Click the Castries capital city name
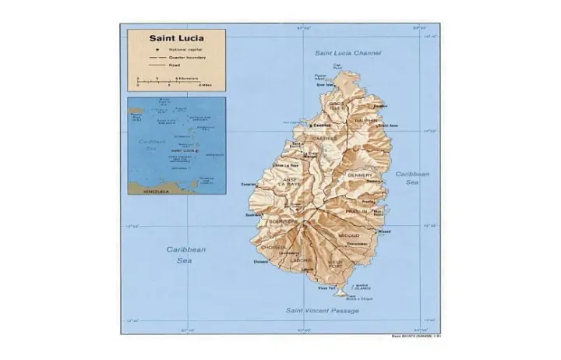[322, 125]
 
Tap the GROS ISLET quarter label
[336, 106]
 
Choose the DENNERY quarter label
[360, 175]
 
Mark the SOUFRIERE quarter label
[284, 221]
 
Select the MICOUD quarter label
[350, 234]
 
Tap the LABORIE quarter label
[304, 259]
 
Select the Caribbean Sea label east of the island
[411, 179]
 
